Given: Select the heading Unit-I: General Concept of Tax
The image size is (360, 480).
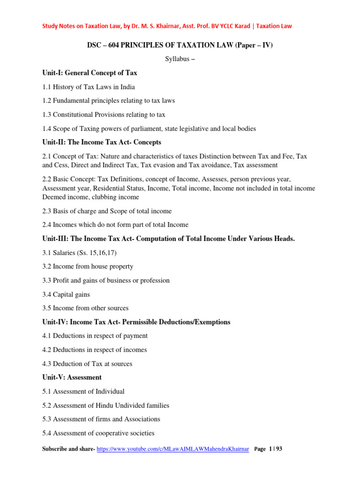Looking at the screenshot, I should point(90,73).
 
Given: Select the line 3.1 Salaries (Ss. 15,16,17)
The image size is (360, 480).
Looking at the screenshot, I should point(79,253).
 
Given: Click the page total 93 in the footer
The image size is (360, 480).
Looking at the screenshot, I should point(279,449).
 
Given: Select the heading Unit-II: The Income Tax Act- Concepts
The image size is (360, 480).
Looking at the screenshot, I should point(102,142).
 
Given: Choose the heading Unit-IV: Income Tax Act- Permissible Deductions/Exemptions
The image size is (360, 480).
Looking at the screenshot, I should point(136,322).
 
